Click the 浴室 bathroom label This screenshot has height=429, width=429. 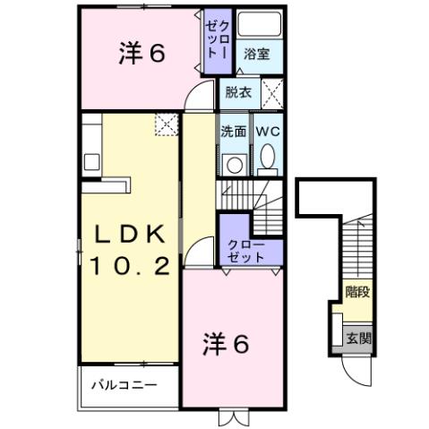pos(256,54)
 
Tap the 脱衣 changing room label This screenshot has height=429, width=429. pos(238,91)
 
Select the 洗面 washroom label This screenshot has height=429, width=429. pos(234,131)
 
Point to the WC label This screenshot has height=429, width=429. pos(268,131)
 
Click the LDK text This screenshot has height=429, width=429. pos(130,236)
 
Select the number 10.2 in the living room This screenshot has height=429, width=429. pos(130,266)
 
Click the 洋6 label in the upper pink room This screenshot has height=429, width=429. pos(142,55)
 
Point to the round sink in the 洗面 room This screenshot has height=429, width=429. pos(235,164)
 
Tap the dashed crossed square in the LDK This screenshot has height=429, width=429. pos(166,124)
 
